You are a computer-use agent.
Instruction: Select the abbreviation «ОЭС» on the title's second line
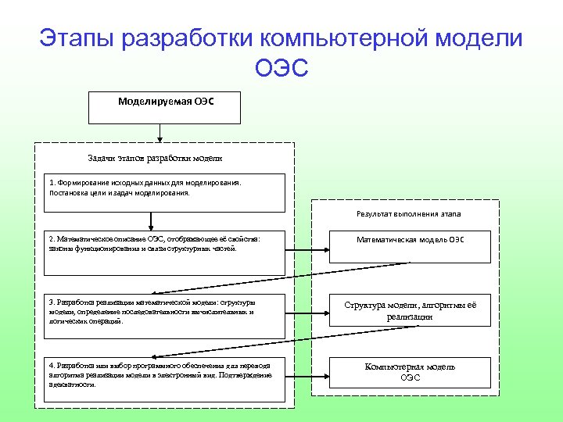(281, 70)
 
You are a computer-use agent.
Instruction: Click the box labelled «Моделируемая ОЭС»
(164, 109)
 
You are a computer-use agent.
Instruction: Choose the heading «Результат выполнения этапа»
(409, 213)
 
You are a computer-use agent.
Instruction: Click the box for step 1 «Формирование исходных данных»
(165, 192)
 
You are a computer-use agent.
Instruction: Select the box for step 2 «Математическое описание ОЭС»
(165, 252)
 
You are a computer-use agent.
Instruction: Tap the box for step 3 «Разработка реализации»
(165, 316)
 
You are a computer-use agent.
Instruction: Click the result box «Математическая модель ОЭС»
(411, 246)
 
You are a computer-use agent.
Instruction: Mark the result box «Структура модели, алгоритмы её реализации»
(411, 309)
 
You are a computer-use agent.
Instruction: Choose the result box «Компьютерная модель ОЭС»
(411, 372)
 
